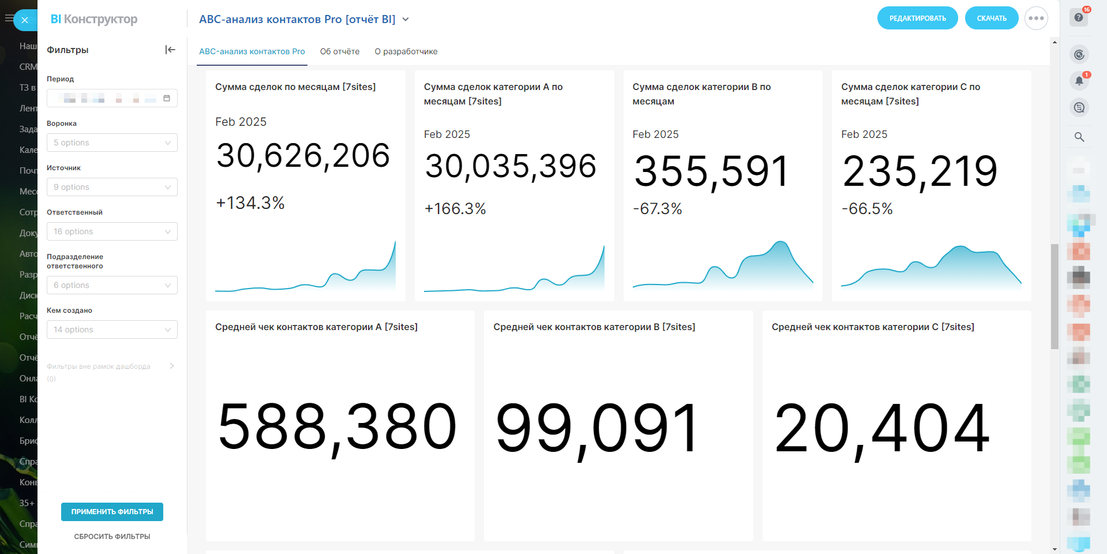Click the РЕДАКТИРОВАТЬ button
(917, 18)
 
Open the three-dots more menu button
(1036, 18)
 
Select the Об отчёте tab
(340, 51)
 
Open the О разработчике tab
(406, 51)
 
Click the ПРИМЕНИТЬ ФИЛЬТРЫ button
(112, 512)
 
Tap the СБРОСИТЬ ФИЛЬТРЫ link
(112, 537)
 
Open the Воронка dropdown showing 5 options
(112, 143)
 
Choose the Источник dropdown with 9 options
(112, 187)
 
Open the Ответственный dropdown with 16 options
(112, 231)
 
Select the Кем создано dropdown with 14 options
(112, 330)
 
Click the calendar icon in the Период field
(167, 98)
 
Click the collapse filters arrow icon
(170, 50)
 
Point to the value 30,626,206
(303, 156)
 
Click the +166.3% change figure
(455, 209)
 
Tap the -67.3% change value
(658, 209)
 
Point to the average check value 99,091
(598, 428)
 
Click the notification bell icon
(1079, 81)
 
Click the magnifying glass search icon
(1079, 137)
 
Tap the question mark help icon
(1079, 17)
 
